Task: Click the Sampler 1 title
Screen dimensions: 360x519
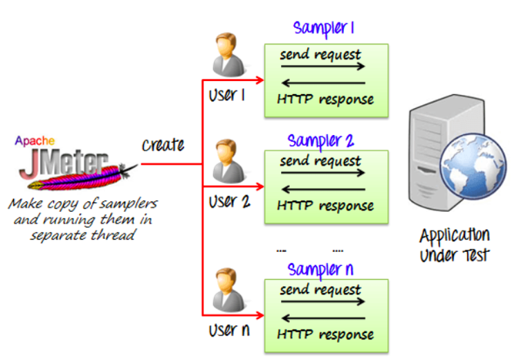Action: point(324,28)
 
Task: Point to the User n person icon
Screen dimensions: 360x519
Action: point(226,291)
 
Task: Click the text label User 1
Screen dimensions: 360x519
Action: point(227,95)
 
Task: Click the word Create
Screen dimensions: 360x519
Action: point(163,145)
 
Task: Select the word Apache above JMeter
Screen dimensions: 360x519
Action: point(35,140)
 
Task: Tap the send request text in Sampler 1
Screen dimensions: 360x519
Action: point(320,54)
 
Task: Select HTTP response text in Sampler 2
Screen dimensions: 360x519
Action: point(325,206)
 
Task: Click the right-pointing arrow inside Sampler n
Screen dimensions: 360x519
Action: point(323,302)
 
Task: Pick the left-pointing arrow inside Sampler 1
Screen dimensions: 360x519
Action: point(323,83)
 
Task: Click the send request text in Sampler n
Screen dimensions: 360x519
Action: point(320,289)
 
